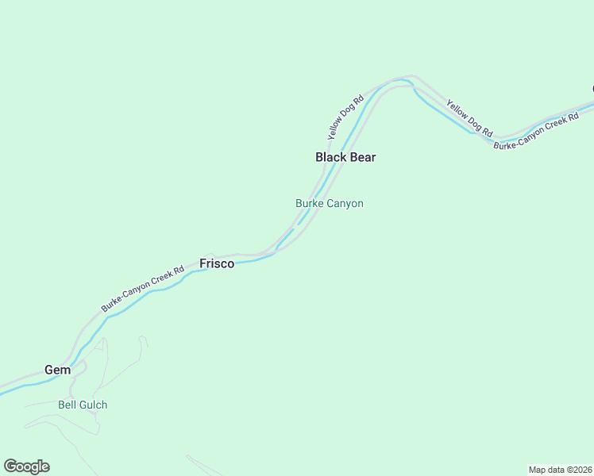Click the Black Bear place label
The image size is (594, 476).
pyautogui.click(x=345, y=157)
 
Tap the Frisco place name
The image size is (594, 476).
pyautogui.click(x=217, y=263)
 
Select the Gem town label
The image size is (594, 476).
pyautogui.click(x=57, y=370)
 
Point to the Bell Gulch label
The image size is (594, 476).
pyautogui.click(x=83, y=405)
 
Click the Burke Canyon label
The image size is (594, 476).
pyautogui.click(x=330, y=203)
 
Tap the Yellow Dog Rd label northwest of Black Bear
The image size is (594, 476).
pyautogui.click(x=345, y=117)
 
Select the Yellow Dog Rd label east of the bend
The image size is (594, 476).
pyautogui.click(x=469, y=117)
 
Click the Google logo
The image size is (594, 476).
pyautogui.click(x=26, y=466)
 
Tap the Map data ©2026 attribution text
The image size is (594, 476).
pyautogui.click(x=560, y=469)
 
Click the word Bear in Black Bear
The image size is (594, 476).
pyautogui.click(x=361, y=157)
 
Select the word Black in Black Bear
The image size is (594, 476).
pyautogui.click(x=330, y=157)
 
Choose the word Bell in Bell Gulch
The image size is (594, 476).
pyautogui.click(x=67, y=405)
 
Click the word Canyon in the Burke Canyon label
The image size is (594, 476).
pyautogui.click(x=346, y=203)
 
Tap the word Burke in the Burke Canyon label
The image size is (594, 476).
pyautogui.click(x=310, y=203)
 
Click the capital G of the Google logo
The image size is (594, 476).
pyautogui.click(x=10, y=466)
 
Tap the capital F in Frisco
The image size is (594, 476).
pyautogui.click(x=202, y=263)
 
